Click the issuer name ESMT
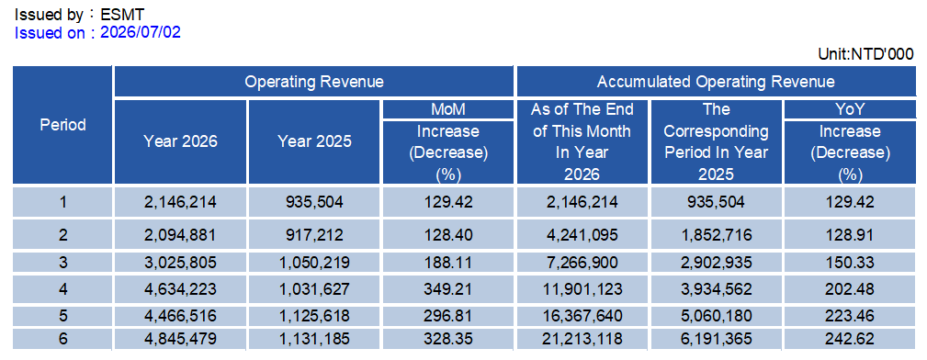click(122, 14)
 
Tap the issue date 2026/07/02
click(141, 32)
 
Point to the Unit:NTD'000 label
click(865, 54)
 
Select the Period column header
click(63, 125)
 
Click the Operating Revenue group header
click(314, 82)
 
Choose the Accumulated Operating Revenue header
click(716, 82)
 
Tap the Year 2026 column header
click(180, 141)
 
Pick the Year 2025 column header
click(314, 141)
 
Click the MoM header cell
click(448, 109)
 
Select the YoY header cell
click(850, 109)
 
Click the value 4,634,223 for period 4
click(180, 289)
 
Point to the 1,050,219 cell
click(314, 262)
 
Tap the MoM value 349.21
click(448, 289)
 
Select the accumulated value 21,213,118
click(582, 339)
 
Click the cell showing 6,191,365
click(716, 339)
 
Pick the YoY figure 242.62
click(850, 339)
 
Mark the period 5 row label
click(63, 316)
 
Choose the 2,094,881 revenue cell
click(180, 235)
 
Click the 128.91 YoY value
click(850, 235)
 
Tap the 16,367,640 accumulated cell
click(582, 316)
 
